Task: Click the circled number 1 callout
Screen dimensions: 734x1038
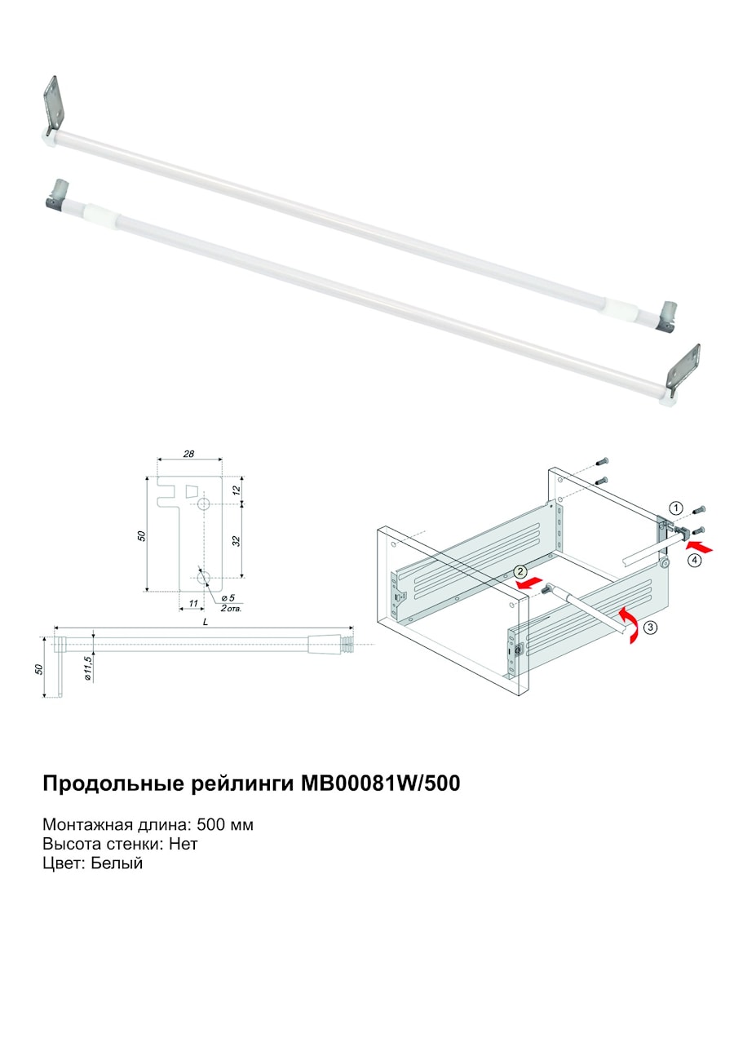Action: (x=676, y=508)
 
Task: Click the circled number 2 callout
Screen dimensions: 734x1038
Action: (x=520, y=571)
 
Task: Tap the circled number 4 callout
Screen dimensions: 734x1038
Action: (x=695, y=561)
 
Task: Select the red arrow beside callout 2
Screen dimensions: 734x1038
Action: (x=528, y=582)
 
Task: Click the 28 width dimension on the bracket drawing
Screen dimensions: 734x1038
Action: (x=188, y=454)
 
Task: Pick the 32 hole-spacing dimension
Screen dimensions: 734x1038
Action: (x=237, y=540)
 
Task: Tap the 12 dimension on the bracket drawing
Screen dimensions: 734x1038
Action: (x=237, y=490)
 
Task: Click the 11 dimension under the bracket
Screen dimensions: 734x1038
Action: (x=193, y=603)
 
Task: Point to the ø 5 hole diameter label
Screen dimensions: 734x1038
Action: (x=228, y=598)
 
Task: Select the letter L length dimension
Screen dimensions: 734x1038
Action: (x=206, y=623)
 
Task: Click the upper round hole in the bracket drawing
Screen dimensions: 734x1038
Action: (x=204, y=504)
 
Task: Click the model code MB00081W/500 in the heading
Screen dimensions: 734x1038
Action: (x=381, y=783)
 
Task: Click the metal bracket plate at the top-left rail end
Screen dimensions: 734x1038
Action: (x=52, y=104)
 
